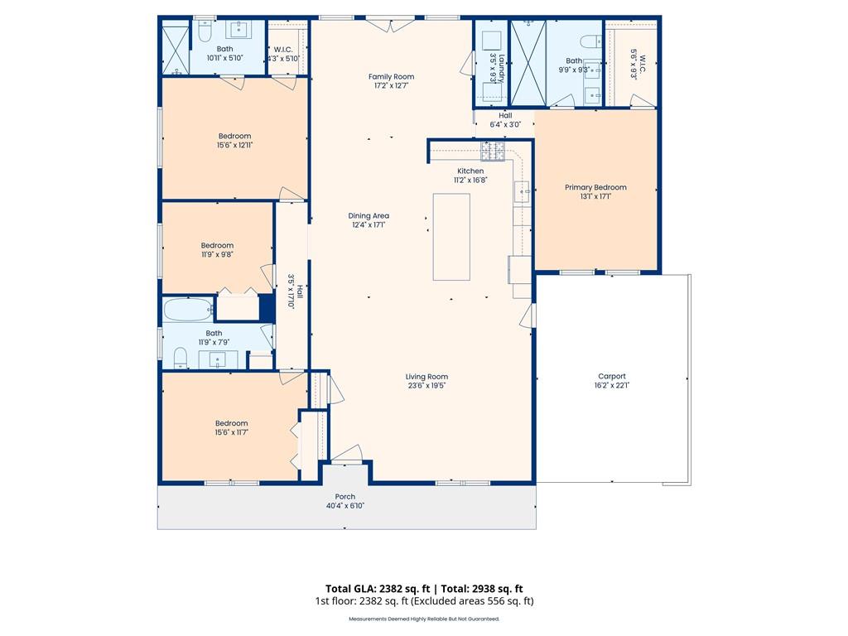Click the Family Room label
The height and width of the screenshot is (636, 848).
click(x=391, y=77)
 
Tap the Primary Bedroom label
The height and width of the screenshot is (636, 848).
click(x=595, y=187)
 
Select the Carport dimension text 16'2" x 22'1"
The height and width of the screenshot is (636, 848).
click(x=612, y=386)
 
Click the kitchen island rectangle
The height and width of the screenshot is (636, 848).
click(x=451, y=237)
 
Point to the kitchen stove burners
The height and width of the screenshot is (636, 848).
click(x=493, y=152)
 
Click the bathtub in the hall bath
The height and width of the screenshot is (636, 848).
click(x=188, y=309)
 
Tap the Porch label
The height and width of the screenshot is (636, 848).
click(x=345, y=497)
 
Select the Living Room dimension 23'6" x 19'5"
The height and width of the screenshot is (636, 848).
click(x=426, y=386)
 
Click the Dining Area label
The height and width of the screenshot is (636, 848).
click(x=369, y=216)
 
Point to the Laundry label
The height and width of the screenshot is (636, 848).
click(x=501, y=68)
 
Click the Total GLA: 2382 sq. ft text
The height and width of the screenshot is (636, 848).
click(x=378, y=589)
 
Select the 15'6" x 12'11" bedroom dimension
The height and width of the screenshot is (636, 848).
click(x=234, y=145)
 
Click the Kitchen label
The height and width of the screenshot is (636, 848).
click(x=470, y=171)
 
